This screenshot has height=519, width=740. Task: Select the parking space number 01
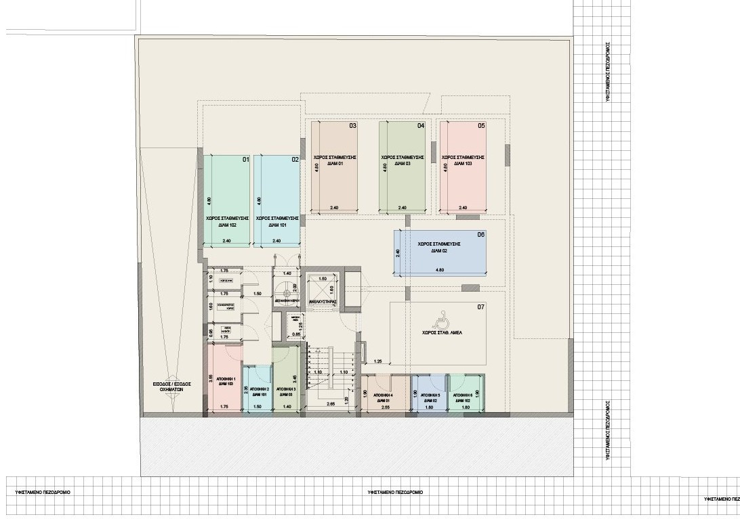pyautogui.click(x=246, y=160)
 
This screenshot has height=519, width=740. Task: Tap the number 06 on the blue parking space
pyautogui.click(x=480, y=235)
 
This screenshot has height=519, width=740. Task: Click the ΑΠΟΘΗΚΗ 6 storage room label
pyautogui.click(x=466, y=394)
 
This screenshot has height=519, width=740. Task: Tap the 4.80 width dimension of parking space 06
pyautogui.click(x=440, y=269)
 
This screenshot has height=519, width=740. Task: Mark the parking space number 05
pyautogui.click(x=481, y=126)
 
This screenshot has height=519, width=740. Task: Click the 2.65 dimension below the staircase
pyautogui.click(x=330, y=404)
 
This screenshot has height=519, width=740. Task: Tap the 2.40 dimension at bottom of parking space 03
pyautogui.click(x=334, y=207)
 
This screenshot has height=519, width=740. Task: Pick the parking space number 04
pyautogui.click(x=420, y=126)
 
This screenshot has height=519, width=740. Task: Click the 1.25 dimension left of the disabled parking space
pyautogui.click(x=378, y=361)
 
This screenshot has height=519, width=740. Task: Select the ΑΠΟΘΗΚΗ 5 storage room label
pyautogui.click(x=430, y=394)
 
